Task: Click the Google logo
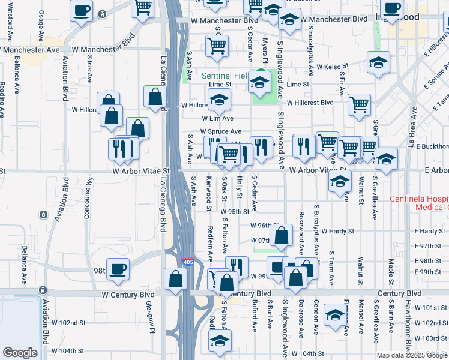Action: click(x=20, y=353)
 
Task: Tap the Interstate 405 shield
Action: click(x=188, y=262)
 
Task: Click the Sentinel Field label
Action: click(x=224, y=76)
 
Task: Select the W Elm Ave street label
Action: click(x=217, y=119)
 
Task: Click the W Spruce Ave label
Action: click(x=220, y=131)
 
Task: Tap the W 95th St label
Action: click(x=234, y=212)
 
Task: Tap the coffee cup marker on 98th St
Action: click(x=118, y=268)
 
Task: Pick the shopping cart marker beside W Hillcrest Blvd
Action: click(x=359, y=103)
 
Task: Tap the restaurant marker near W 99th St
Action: click(x=237, y=266)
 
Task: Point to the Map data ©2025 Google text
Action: click(x=411, y=355)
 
